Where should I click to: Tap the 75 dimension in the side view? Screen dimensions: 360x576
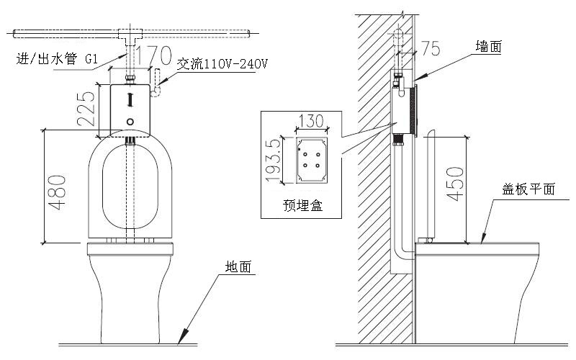[428, 49]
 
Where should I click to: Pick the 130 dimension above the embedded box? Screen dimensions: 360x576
[310, 120]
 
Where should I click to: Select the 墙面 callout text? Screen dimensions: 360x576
[488, 46]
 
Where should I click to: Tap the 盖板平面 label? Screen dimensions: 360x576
[528, 189]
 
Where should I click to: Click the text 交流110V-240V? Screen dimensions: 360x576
[222, 64]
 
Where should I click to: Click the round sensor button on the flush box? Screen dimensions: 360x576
[130, 120]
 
